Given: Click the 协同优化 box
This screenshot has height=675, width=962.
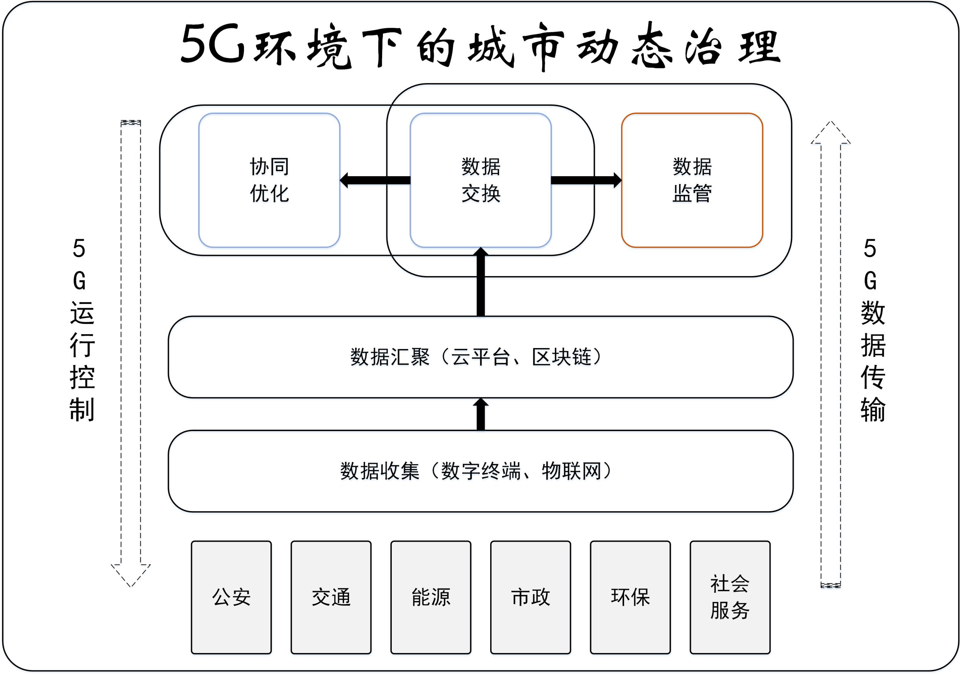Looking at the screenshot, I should tap(269, 180).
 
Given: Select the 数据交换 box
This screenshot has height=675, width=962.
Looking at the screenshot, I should tap(481, 180).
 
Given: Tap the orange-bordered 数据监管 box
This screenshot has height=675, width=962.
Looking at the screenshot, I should tap(692, 180).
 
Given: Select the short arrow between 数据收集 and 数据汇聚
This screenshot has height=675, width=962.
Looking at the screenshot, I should tap(481, 415).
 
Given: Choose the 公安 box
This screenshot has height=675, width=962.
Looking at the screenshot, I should tap(231, 597).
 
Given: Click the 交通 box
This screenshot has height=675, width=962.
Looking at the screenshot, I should tap(331, 597).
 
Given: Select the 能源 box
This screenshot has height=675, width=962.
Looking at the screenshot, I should tap(431, 597).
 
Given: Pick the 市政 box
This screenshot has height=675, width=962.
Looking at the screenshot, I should tap(530, 597).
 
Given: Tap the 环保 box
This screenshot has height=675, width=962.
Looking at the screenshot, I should tap(630, 597).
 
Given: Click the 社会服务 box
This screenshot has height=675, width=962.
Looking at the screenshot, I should tap(730, 597).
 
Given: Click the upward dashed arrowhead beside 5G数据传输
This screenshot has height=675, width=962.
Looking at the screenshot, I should tap(830, 133).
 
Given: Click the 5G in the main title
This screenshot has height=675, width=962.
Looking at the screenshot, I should tap(213, 44).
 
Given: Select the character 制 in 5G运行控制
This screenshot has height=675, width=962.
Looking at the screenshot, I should tap(82, 409).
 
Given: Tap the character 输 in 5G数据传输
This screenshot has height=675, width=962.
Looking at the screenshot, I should tap(873, 409).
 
